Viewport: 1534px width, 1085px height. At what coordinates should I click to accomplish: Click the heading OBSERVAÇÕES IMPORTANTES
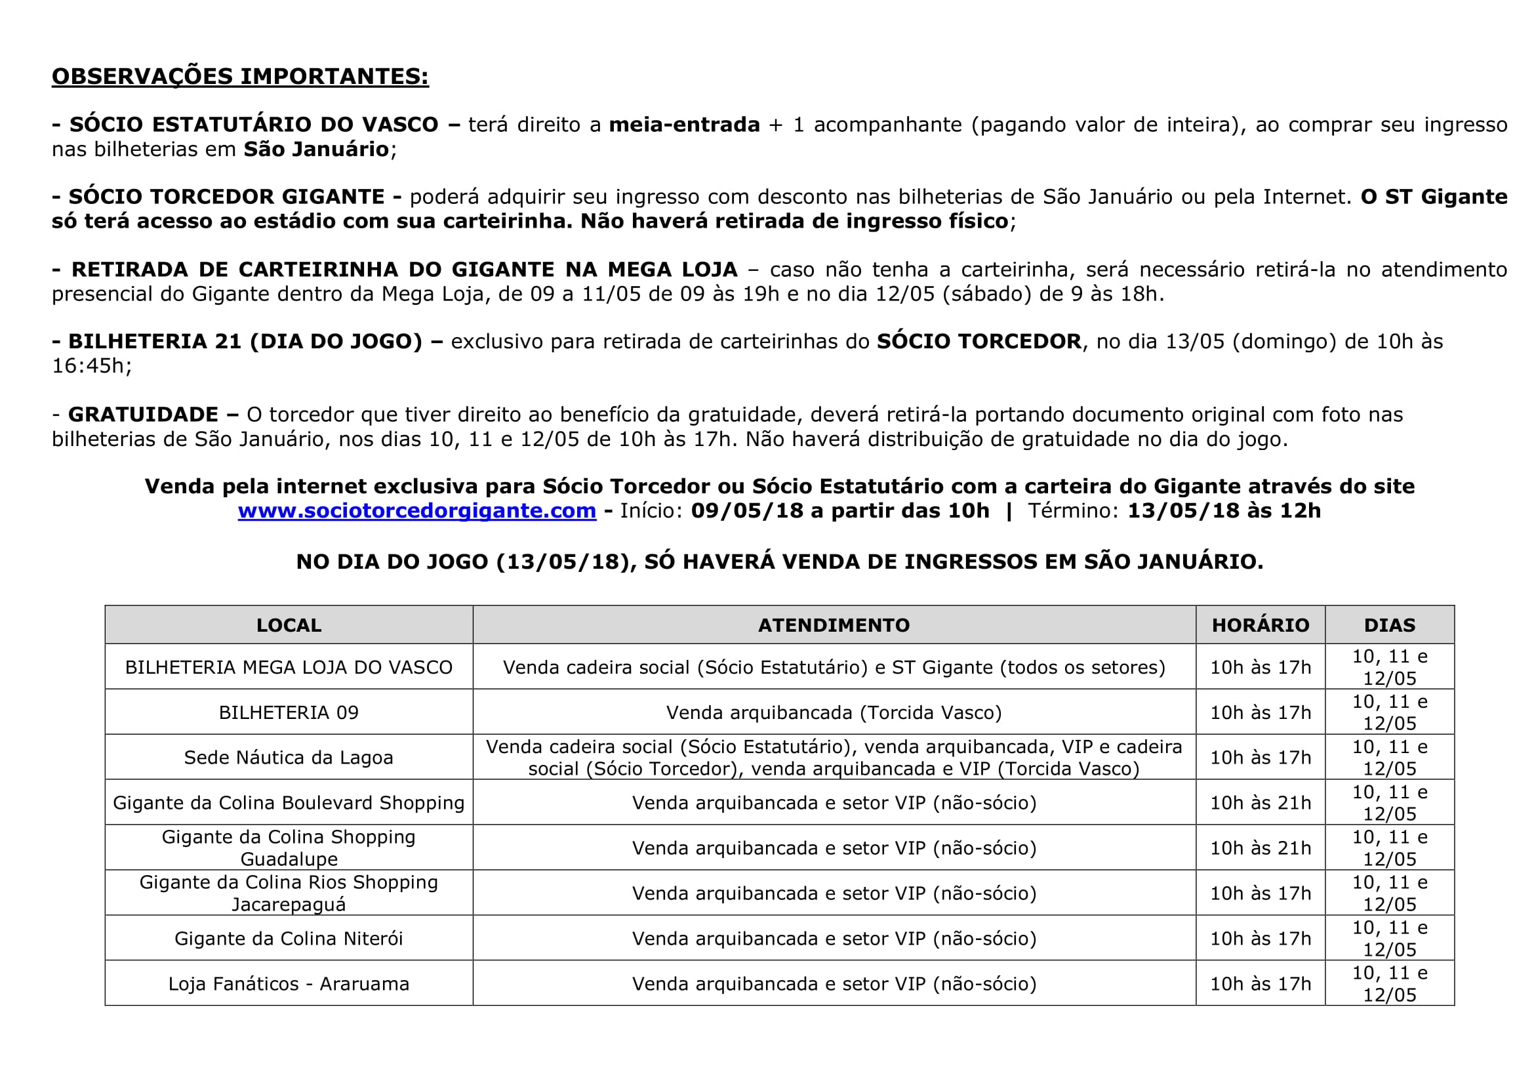[240, 76]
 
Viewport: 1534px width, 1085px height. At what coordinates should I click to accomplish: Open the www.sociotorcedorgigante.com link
[417, 510]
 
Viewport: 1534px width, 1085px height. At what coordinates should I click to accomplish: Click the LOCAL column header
[289, 625]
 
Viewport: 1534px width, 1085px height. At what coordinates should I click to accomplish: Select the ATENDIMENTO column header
[834, 625]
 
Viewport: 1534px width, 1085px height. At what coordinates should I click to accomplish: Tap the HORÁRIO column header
[1260, 625]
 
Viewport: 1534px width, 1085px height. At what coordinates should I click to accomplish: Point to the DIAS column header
[1390, 625]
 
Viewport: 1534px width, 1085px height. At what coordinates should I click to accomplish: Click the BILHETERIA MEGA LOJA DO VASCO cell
[289, 667]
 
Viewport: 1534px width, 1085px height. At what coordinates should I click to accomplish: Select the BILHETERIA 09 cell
[289, 713]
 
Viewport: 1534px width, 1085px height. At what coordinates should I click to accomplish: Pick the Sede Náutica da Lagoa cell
[289, 758]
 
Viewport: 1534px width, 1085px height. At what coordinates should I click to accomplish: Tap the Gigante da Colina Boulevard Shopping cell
[289, 803]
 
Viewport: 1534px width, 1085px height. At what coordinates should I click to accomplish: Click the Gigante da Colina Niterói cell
[289, 939]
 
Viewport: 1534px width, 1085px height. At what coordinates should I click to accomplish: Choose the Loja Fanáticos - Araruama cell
[289, 984]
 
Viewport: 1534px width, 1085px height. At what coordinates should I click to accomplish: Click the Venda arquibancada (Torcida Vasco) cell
[834, 713]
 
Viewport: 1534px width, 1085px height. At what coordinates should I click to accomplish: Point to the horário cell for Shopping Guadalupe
[1260, 848]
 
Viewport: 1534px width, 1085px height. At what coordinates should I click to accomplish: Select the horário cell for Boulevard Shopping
[1260, 803]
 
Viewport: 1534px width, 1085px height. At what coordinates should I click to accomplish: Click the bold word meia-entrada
[684, 125]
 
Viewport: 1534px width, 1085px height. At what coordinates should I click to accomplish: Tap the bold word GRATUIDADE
[144, 415]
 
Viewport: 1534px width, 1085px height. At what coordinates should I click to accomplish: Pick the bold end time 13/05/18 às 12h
[1224, 510]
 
